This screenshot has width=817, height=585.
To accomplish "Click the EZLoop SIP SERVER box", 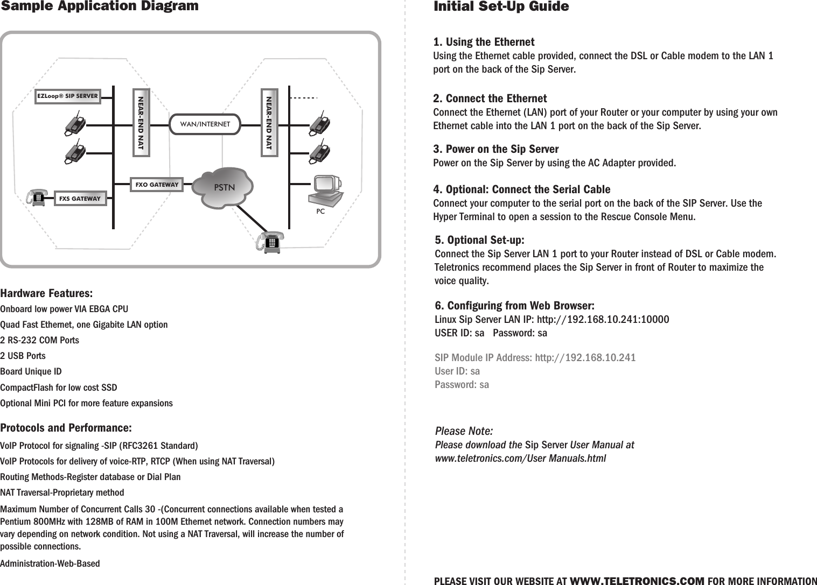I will (68, 97).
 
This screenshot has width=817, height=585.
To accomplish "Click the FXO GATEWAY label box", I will (157, 185).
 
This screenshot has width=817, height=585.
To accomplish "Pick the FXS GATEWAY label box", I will (80, 198).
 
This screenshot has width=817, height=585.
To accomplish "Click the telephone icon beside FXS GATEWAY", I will (38, 197).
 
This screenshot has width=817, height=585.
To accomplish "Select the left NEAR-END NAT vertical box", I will (141, 124).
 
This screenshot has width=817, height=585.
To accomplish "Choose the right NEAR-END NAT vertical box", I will (269, 124).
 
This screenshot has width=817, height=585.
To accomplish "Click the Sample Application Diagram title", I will (100, 6).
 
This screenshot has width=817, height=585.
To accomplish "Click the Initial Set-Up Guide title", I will (501, 6).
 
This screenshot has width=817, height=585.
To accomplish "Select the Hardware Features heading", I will (46, 294).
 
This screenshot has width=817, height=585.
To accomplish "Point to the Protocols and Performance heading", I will (66, 428).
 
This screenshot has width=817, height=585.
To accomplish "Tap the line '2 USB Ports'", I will (23, 356).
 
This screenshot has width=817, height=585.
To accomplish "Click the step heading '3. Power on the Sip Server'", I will (496, 149).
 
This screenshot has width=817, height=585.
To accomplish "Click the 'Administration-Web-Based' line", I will (50, 563).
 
